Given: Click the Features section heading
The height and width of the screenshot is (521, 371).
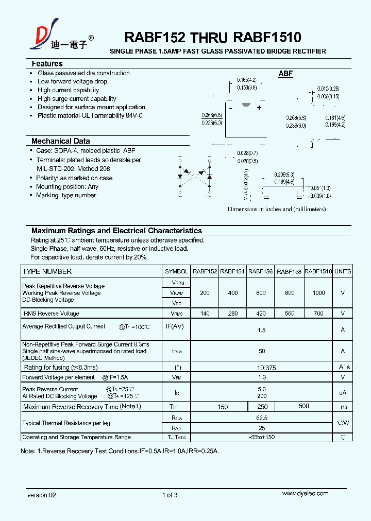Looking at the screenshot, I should [47, 64].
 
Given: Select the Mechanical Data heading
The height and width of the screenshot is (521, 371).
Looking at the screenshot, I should [60, 141].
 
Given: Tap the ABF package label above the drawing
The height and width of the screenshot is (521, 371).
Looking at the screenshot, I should [285, 74].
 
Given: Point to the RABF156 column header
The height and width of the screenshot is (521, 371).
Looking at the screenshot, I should [260, 271].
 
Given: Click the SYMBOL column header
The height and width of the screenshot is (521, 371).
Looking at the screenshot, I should [176, 271].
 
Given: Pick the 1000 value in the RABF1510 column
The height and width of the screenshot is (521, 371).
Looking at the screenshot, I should [318, 293].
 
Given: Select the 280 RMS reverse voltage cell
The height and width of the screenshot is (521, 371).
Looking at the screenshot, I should [232, 314].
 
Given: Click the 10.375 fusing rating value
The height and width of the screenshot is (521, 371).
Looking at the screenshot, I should [261, 368].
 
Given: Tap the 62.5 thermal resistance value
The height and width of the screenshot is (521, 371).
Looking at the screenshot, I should [261, 419].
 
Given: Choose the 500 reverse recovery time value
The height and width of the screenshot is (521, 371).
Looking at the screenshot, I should [304, 406].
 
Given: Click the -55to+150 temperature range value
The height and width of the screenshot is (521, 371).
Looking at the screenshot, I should [261, 438].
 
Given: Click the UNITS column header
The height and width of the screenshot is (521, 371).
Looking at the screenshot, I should [343, 271].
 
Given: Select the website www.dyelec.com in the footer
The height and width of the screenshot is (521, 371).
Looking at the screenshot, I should [305, 494].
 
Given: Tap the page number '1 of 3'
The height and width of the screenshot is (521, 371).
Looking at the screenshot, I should [170, 495].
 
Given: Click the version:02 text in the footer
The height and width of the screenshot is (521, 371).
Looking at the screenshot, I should [41, 495].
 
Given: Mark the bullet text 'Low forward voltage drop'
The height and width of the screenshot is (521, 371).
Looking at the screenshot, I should [72, 81].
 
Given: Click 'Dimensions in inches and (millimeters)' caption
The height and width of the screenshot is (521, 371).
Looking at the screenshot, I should [277, 210].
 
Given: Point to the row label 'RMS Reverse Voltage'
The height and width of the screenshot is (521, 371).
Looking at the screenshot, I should [51, 314].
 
